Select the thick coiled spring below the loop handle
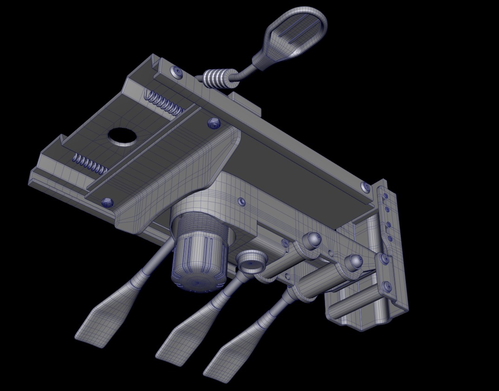[217, 78]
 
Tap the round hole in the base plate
[122, 137]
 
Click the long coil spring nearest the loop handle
[163, 103]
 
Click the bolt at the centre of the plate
[213, 123]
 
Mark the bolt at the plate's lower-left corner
[107, 202]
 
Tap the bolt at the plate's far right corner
[366, 187]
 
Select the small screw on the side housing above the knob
[241, 201]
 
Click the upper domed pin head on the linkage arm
[312, 240]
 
